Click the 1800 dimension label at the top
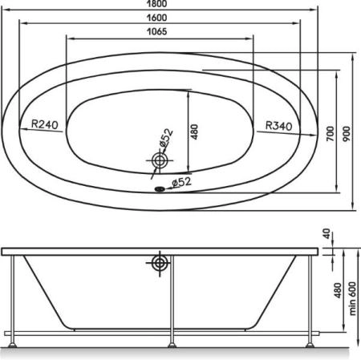pos(157,3)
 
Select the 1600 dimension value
pos(157,18)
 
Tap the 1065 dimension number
pos(157,31)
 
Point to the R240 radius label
pos(45,124)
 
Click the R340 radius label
pos(279,126)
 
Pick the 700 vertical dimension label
pos(331,134)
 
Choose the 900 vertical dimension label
pos(347,134)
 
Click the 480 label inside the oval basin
pos(194,131)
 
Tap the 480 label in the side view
pos(338,290)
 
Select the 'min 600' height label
pos(353,298)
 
